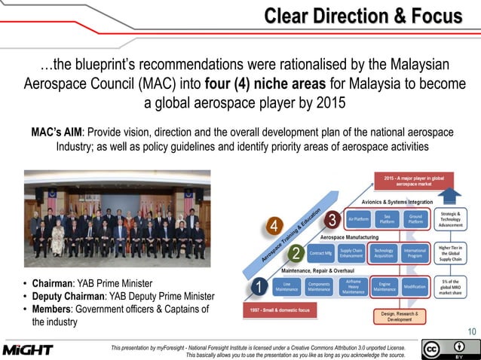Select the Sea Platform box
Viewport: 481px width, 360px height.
[x=387, y=220]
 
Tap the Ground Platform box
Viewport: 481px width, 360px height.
[x=415, y=220]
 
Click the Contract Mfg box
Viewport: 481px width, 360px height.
[x=322, y=254]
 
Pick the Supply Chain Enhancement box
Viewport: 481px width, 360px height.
[x=351, y=254]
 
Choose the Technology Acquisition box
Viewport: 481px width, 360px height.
[x=384, y=254]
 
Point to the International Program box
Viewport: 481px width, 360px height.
[x=415, y=254]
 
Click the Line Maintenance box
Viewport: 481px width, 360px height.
[x=286, y=286]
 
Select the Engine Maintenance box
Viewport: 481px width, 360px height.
[x=384, y=286]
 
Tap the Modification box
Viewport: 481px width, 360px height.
[x=415, y=286]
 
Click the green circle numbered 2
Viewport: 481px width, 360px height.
[x=296, y=252]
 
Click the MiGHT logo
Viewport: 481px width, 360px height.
[x=28, y=349]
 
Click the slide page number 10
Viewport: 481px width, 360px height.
[x=472, y=331]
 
